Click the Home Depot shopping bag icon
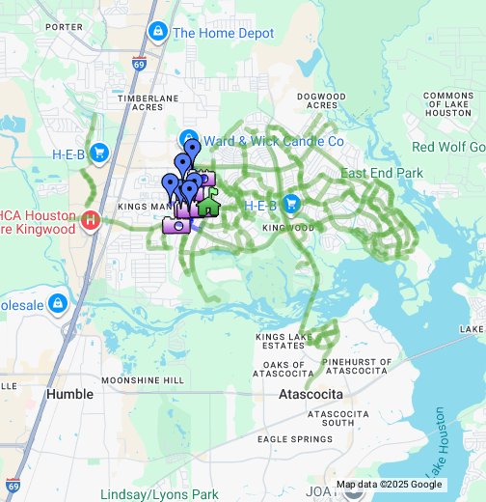157,33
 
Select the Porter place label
64,27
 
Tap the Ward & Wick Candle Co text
274,141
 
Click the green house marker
208,204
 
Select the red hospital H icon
91,220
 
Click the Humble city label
70,394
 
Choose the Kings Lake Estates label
280,341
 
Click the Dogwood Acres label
321,102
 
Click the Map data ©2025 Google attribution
390,485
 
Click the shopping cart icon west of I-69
98,153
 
